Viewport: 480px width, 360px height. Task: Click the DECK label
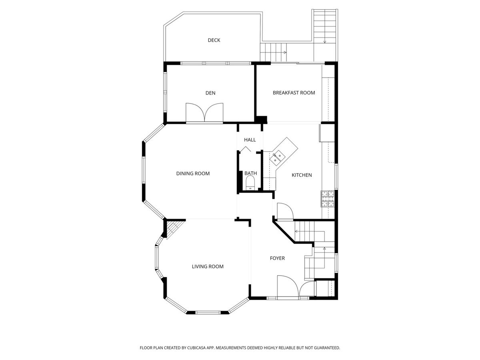(214, 40)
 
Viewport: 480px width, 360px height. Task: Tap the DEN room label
(210, 93)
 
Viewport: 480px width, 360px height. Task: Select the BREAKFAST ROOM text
(294, 93)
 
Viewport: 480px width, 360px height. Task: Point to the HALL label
(250, 140)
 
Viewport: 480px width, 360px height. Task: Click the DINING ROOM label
(193, 174)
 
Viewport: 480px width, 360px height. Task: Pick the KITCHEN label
(302, 175)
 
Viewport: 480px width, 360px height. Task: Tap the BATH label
(251, 173)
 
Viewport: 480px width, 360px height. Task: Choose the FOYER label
(277, 258)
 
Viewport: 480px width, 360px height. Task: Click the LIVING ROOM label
(208, 267)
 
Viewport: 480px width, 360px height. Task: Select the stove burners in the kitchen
(328, 199)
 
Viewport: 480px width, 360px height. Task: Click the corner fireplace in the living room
(174, 228)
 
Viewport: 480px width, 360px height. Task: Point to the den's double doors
(204, 112)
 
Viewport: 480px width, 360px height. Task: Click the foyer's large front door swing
(287, 286)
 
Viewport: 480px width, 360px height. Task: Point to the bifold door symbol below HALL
(245, 149)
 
